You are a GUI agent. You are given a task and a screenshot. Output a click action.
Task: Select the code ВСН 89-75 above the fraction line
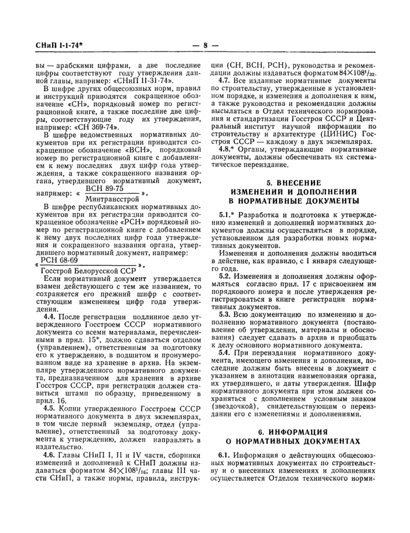pyautogui.click(x=104, y=188)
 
